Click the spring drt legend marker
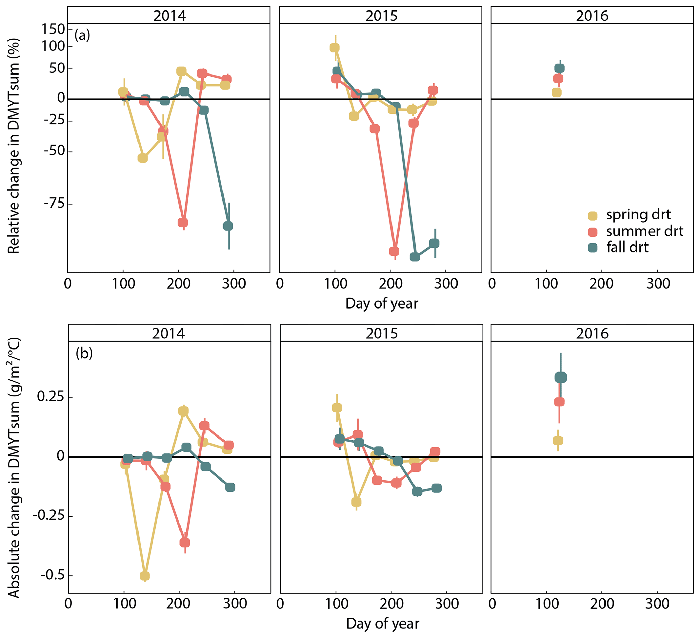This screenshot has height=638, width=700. click(592, 216)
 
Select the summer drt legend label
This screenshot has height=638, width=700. click(644, 231)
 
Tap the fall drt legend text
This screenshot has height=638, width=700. click(627, 247)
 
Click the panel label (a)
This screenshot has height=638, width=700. click(82, 35)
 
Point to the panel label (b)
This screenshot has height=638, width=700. click(84, 353)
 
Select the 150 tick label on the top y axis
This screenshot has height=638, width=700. click(54, 29)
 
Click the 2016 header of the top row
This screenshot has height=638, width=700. click(592, 16)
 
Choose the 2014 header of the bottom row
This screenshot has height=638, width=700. click(169, 334)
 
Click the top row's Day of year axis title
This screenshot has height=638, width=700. click(382, 303)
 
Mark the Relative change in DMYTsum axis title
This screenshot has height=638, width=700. click(14, 146)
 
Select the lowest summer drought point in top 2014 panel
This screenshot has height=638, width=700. click(183, 222)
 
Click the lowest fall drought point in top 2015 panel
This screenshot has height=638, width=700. click(415, 257)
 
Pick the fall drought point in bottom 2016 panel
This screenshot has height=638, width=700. click(560, 377)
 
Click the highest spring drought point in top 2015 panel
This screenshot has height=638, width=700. click(334, 48)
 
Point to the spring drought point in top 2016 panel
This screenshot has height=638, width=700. click(557, 92)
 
